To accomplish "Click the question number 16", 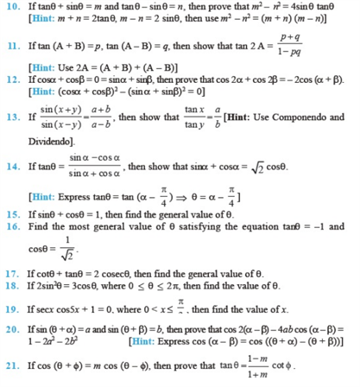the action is pos(13,225).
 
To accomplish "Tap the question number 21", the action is pos(13,367).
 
